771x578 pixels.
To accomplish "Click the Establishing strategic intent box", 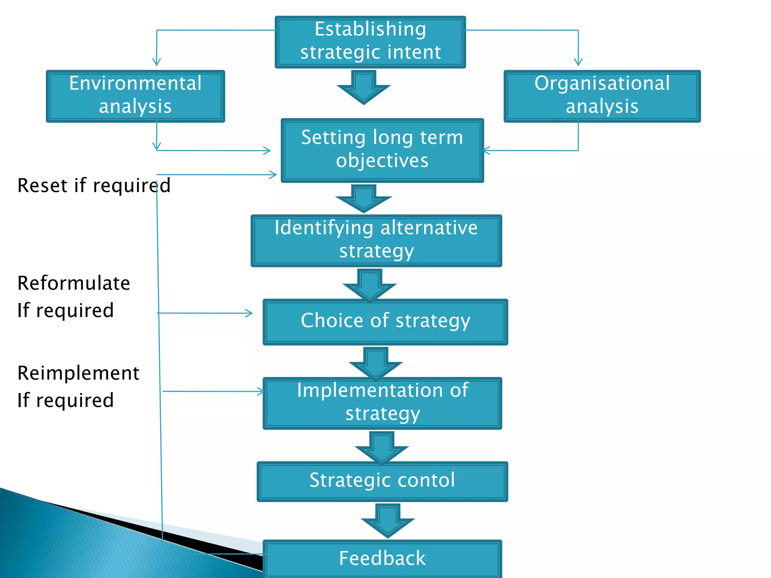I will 370,42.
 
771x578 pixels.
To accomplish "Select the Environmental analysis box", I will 135,96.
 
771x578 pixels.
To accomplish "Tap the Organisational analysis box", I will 602,96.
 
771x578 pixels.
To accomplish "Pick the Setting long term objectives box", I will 382,150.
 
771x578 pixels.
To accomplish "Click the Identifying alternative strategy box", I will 376,240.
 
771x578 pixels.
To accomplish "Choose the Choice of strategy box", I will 385,322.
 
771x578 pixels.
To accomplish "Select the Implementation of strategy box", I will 382,403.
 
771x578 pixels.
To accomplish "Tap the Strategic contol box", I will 382,481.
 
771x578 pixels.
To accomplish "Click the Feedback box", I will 382,558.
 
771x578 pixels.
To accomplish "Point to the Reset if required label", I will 94,186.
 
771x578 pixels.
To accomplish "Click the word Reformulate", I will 74,283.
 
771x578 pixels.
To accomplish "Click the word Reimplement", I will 78,373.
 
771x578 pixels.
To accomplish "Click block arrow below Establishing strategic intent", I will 364,88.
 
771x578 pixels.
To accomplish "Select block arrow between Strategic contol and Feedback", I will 387,521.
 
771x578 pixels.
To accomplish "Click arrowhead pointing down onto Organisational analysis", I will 578,62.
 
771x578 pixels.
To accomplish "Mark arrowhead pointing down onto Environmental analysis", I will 157,62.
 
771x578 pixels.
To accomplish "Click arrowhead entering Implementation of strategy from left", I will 261,391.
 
